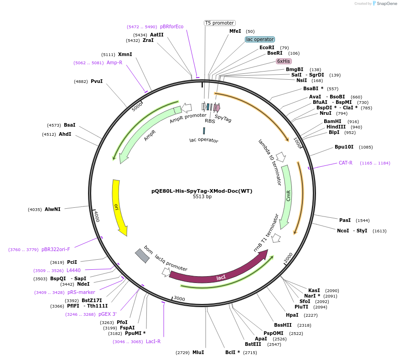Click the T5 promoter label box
(219, 23)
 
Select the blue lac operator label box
(260, 40)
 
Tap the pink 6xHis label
(284, 61)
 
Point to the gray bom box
(142, 256)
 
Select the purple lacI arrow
(219, 272)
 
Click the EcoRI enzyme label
(267, 47)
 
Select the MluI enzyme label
(198, 353)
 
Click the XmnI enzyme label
(125, 55)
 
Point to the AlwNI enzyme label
(52, 210)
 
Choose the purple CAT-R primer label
(345, 163)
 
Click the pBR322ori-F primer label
(56, 250)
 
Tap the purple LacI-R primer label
(153, 341)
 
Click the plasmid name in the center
(202, 191)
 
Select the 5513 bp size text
(202, 197)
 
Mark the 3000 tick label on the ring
(180, 298)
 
